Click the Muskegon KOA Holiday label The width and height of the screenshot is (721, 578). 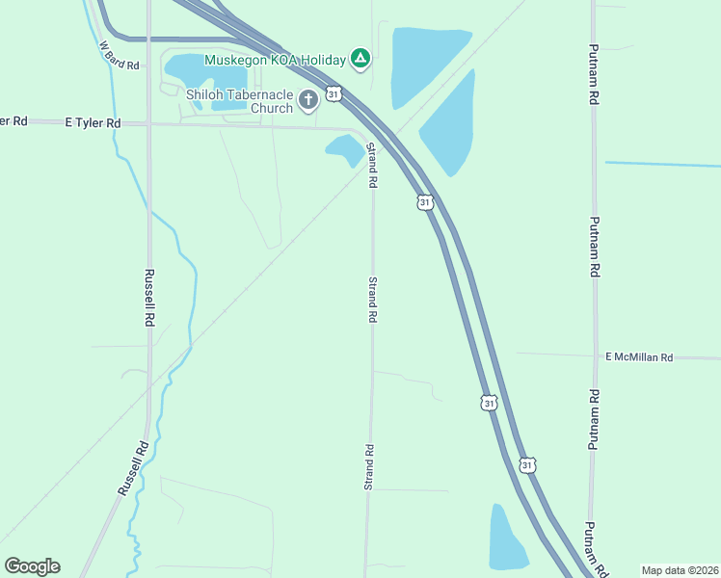click(x=275, y=60)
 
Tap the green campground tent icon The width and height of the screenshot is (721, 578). click(x=360, y=60)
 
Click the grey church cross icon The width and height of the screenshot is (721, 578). click(x=308, y=100)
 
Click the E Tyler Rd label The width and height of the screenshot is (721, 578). click(x=93, y=123)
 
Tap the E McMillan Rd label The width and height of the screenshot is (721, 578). click(x=639, y=357)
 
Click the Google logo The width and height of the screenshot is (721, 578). click(x=32, y=566)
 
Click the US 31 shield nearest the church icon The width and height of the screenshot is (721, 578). click(x=333, y=93)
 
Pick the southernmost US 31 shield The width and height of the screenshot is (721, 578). click(x=526, y=464)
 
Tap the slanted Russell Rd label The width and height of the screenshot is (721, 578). click(x=132, y=467)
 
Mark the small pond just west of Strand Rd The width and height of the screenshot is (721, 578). click(x=345, y=150)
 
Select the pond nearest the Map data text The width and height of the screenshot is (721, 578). click(x=506, y=539)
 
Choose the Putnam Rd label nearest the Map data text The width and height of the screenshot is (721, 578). click(x=595, y=549)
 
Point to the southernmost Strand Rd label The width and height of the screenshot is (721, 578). click(x=368, y=467)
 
